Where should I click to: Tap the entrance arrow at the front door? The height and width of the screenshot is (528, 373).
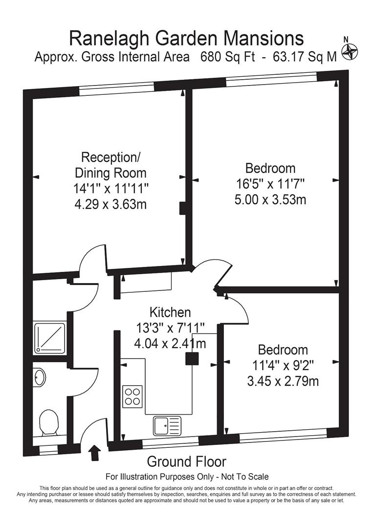(93, 452)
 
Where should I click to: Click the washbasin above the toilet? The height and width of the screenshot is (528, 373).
(40, 377)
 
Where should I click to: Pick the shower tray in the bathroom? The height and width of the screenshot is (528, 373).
(49, 337)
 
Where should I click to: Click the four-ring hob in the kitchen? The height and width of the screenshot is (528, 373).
(133, 396)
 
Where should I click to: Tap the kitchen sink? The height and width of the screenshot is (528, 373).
(167, 425)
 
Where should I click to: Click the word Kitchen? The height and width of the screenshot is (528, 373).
(170, 312)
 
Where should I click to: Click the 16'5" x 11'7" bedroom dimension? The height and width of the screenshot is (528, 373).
(270, 184)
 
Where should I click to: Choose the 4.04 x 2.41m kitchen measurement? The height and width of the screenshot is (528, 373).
(170, 344)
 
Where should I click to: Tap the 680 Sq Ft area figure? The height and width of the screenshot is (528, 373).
(228, 57)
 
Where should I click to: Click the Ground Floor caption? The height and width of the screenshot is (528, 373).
(186, 461)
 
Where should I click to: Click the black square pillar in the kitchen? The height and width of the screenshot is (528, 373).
(192, 358)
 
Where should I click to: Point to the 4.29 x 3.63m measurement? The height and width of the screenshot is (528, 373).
(110, 203)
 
